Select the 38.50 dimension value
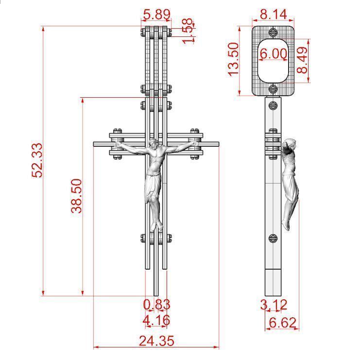(x=77, y=195)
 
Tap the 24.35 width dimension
(x=156, y=341)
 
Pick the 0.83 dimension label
(x=156, y=305)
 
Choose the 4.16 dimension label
(x=156, y=320)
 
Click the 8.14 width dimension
(x=273, y=14)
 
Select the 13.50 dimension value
(x=234, y=59)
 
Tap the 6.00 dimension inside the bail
(x=273, y=53)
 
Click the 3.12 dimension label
(x=274, y=305)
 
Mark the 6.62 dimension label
(x=282, y=322)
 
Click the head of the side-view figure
(x=290, y=144)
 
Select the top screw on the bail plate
(x=273, y=32)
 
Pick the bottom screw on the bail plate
(x=273, y=88)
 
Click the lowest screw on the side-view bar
(x=273, y=238)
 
